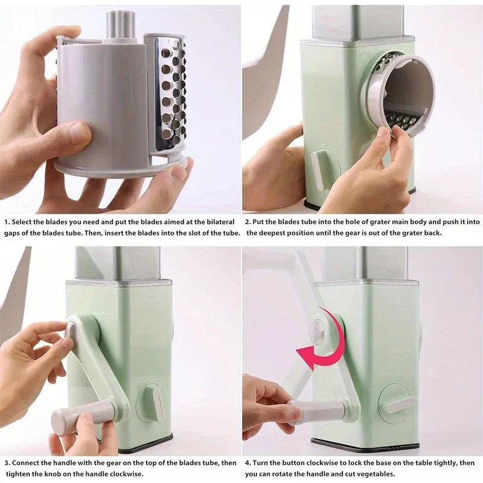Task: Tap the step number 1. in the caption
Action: (x=7, y=222)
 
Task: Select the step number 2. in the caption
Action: (x=248, y=222)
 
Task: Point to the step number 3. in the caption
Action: (x=7, y=463)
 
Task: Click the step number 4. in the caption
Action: (x=248, y=463)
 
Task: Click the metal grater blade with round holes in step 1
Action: (x=170, y=94)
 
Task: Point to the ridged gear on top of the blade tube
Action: (x=121, y=25)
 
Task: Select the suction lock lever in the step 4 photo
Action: (x=400, y=404)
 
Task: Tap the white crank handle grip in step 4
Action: (x=319, y=410)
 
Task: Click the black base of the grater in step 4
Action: (x=365, y=448)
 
